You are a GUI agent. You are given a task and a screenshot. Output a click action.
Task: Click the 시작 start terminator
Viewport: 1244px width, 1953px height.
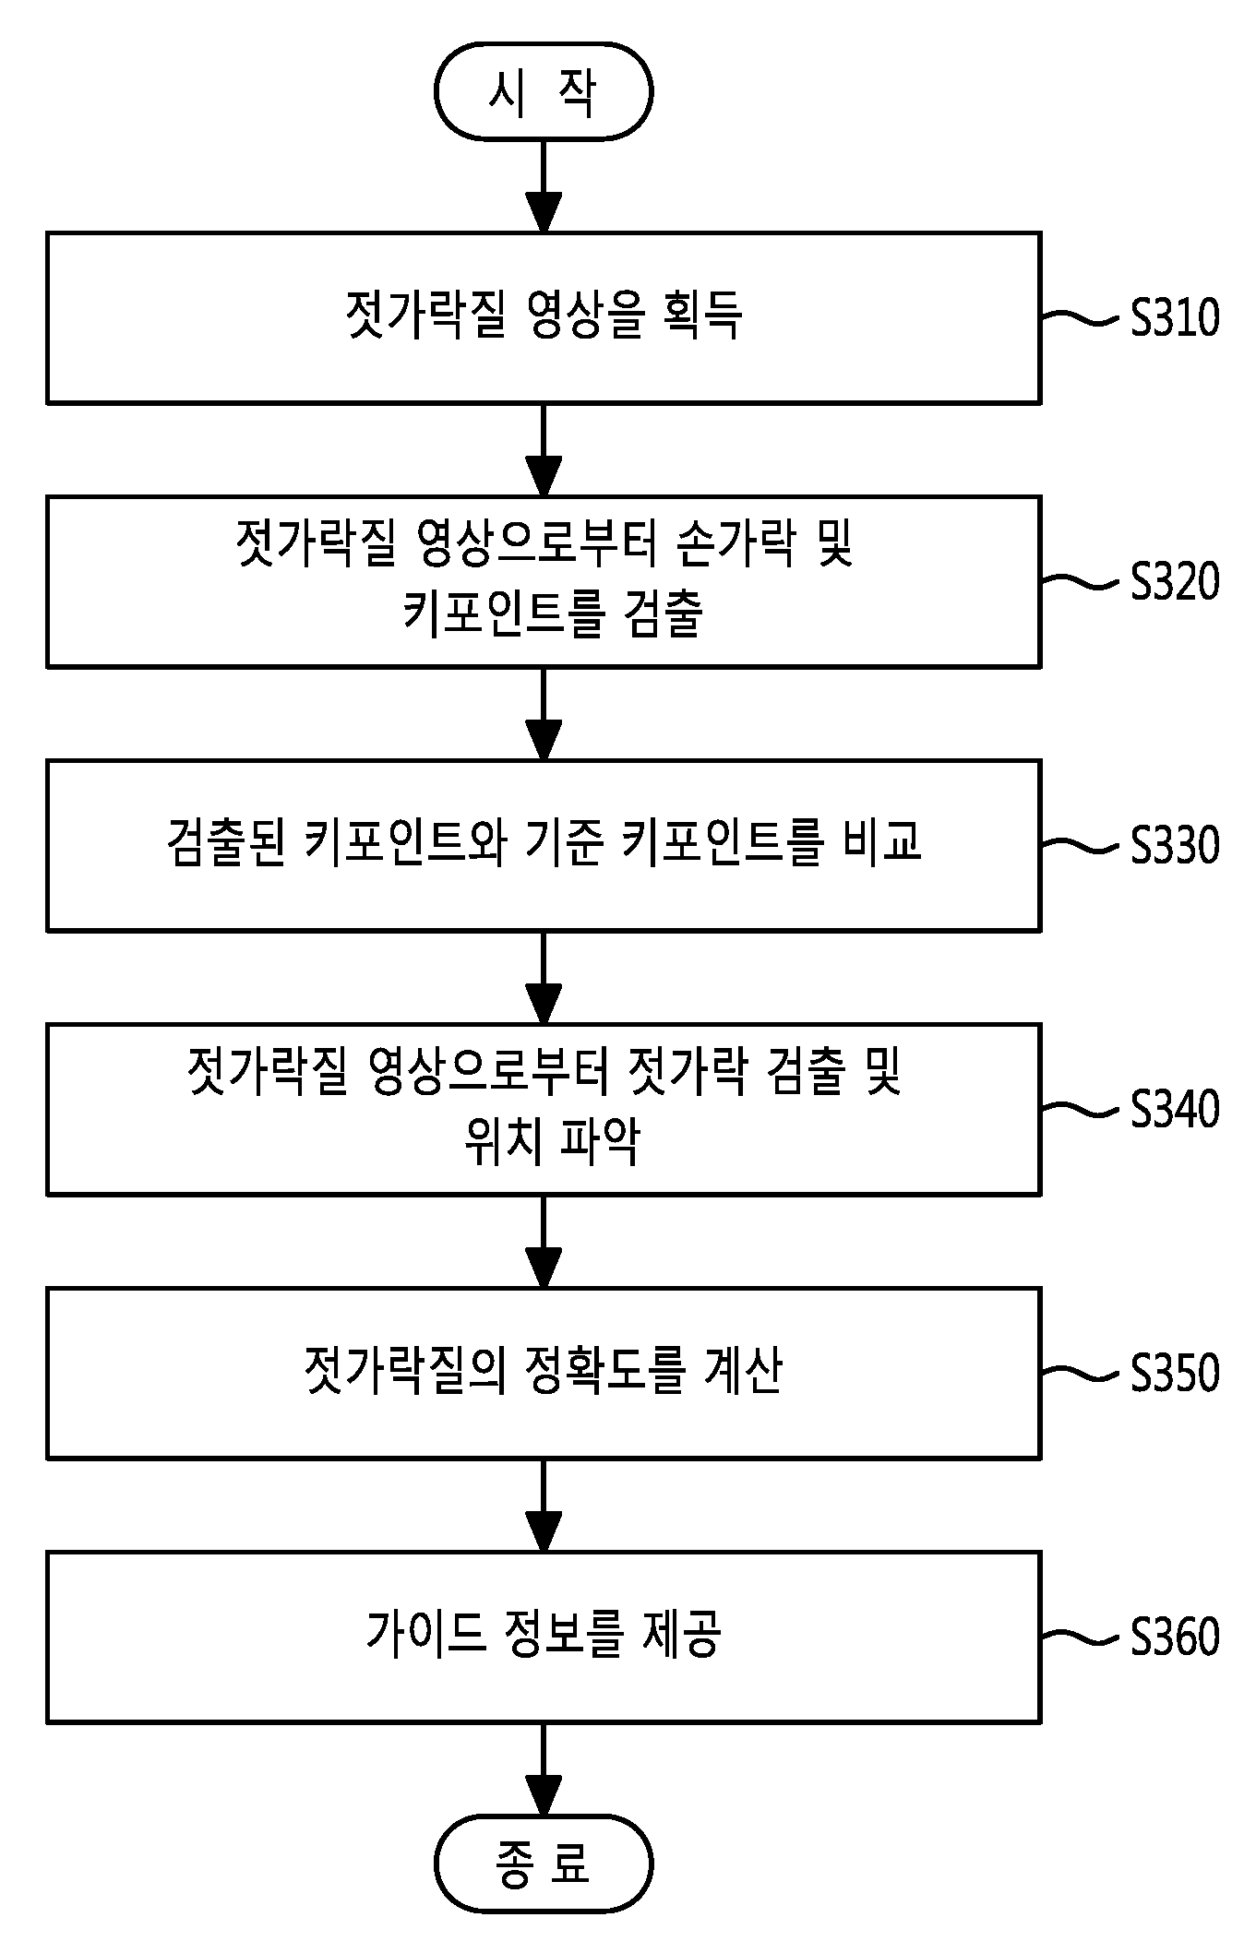[x=544, y=91]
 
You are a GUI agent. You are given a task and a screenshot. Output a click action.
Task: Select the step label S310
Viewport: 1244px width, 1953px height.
[x=1175, y=317]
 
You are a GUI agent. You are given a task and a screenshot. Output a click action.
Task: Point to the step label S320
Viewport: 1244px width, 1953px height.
[x=1175, y=581]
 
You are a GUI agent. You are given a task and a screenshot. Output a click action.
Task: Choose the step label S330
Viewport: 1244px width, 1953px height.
[x=1175, y=845]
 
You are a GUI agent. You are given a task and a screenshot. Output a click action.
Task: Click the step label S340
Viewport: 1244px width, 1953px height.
[x=1175, y=1109]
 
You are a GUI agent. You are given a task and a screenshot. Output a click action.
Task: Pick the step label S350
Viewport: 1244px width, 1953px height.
[x=1175, y=1373]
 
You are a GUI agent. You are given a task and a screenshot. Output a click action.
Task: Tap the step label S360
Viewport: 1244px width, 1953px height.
[x=1175, y=1637]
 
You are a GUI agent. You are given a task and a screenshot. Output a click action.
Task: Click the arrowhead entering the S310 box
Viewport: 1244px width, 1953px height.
[x=544, y=212]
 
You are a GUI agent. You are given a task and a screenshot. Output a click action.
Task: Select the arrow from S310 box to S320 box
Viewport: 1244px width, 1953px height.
[x=544, y=450]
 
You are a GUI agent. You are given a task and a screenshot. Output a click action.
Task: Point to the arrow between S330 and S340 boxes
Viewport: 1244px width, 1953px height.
[x=544, y=978]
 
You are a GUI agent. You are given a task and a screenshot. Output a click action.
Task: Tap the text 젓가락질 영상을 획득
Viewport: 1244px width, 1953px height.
[x=544, y=316]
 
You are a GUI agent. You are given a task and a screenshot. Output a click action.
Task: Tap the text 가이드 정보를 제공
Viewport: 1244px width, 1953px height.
[x=544, y=1634]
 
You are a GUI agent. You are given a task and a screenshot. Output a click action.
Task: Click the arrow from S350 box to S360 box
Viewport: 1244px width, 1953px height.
[x=544, y=1506]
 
